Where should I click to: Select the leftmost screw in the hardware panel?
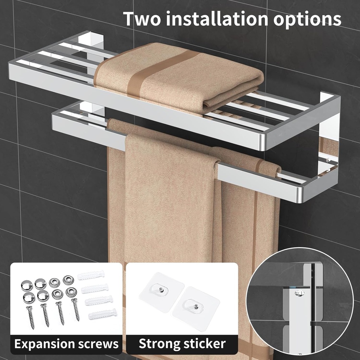point(31,316)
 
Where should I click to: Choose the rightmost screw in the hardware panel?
point(76,309)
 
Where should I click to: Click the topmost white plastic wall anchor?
point(91,275)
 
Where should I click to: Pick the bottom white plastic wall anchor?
point(102,313)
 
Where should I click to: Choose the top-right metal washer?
point(67,281)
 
